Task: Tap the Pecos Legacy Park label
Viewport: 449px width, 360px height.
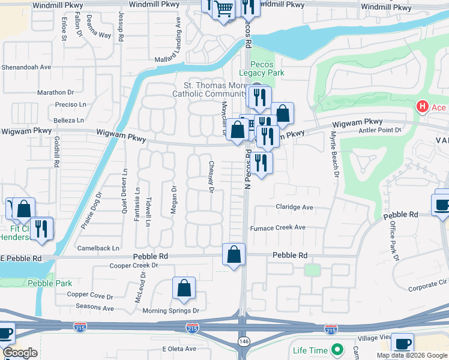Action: [x=256, y=68]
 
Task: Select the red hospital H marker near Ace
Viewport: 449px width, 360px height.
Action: [x=422, y=107]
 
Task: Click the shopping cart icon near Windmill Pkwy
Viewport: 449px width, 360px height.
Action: [x=224, y=9]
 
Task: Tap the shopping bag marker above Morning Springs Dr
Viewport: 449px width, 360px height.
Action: [x=184, y=288]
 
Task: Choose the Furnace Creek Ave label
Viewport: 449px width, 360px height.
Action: [x=279, y=228]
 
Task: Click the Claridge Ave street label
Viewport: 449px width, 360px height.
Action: [x=295, y=207]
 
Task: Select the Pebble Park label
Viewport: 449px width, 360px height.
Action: [x=49, y=283]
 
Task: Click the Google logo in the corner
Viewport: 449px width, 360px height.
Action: [x=20, y=353]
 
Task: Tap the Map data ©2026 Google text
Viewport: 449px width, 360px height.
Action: [x=412, y=355]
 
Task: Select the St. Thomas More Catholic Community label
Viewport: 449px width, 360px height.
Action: [x=206, y=89]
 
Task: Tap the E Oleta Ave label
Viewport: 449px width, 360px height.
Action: [x=179, y=349]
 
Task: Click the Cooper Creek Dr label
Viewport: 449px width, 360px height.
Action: [x=133, y=265]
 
